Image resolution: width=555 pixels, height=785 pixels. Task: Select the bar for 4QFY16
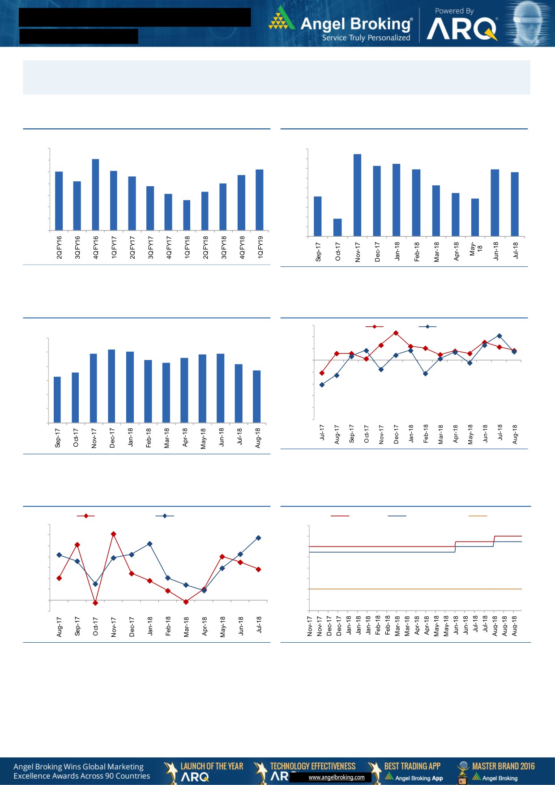tap(95, 195)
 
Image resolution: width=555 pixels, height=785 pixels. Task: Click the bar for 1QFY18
tap(187, 215)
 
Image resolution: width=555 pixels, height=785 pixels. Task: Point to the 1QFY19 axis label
tap(260, 247)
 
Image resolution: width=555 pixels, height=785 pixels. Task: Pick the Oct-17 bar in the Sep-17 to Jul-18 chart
tap(337, 227)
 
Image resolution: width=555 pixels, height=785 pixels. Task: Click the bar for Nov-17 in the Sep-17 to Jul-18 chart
tap(357, 195)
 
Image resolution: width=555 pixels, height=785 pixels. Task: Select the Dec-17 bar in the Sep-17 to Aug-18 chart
tap(111, 386)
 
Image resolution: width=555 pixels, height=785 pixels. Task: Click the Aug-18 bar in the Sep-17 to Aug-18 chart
tap(256, 397)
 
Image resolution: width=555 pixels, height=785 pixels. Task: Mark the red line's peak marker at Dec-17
tap(396, 333)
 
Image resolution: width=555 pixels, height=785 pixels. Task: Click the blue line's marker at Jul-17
tap(322, 385)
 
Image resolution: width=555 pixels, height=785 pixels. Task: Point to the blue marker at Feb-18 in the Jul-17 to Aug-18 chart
tap(426, 374)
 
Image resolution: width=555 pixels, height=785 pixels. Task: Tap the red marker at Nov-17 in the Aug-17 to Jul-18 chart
tap(114, 534)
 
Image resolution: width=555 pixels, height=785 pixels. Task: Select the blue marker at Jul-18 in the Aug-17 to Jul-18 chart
tap(259, 538)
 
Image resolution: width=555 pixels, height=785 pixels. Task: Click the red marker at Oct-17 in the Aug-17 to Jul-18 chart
tap(95, 603)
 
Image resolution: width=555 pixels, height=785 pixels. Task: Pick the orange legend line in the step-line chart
tap(477, 516)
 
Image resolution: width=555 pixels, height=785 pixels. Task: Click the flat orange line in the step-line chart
tap(415, 589)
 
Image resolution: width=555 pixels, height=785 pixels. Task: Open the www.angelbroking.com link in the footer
tap(337, 777)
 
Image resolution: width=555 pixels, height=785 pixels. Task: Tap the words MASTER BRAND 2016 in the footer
tap(503, 766)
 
